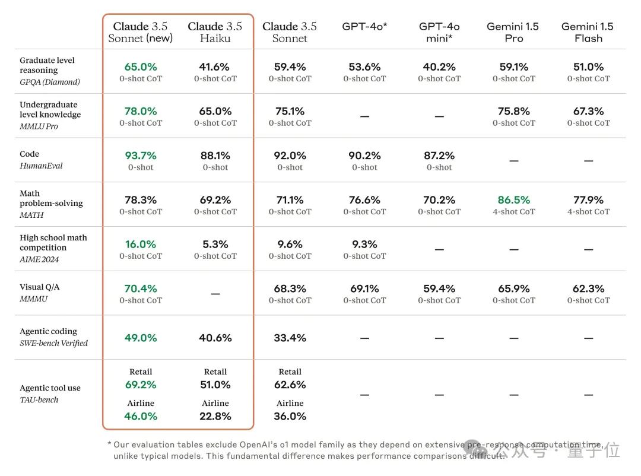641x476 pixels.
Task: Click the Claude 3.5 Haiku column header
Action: click(215, 32)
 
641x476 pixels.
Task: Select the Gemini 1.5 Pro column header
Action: click(513, 32)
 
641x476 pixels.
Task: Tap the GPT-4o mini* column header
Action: click(439, 32)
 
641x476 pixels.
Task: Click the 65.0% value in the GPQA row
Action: click(141, 67)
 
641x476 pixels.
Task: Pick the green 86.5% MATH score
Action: click(513, 200)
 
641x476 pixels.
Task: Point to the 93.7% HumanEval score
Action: click(141, 156)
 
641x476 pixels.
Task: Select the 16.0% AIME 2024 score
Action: click(141, 245)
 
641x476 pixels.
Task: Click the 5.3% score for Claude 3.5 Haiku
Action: click(215, 245)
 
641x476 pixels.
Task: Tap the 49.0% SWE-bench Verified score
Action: click(141, 338)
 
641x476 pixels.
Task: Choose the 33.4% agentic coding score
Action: click(290, 338)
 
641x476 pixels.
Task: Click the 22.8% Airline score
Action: click(215, 416)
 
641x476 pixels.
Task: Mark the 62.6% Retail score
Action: click(290, 385)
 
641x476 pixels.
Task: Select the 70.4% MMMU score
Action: click(141, 289)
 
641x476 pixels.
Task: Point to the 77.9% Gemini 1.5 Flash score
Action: click(588, 200)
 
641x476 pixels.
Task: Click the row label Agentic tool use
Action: click(50, 388)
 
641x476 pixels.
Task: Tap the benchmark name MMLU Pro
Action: click(39, 126)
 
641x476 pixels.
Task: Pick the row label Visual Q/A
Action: click(40, 287)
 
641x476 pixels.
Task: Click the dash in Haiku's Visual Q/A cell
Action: click(215, 294)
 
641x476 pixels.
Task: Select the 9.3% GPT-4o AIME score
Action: click(364, 245)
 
